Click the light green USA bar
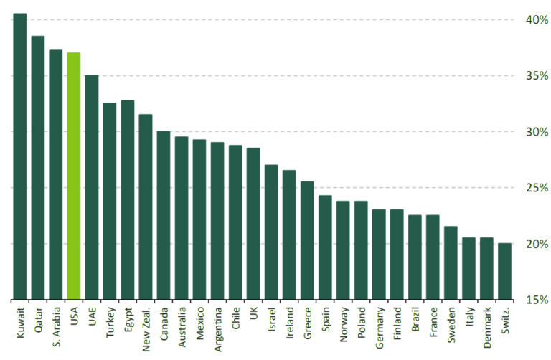pyautogui.click(x=74, y=176)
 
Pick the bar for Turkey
pyautogui.click(x=110, y=201)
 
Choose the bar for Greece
pyautogui.click(x=307, y=240)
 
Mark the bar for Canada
pyautogui.click(x=164, y=215)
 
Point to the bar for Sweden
pyautogui.click(x=451, y=262)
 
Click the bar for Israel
pyautogui.click(x=271, y=232)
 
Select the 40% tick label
pyautogui.click(x=535, y=20)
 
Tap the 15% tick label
pyautogui.click(x=535, y=300)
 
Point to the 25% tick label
pyautogui.click(x=535, y=188)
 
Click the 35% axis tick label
pyautogui.click(x=535, y=76)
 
